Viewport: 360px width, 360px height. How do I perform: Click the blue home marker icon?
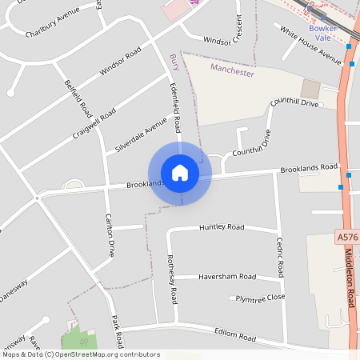click(x=180, y=172)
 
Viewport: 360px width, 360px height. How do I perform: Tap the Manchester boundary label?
click(x=231, y=70)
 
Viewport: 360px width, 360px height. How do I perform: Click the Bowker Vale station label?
click(x=323, y=31)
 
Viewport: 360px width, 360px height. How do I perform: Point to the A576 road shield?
click(x=346, y=237)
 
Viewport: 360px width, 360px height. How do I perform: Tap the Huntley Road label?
click(x=222, y=227)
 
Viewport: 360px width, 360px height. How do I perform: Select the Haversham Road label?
click(x=227, y=277)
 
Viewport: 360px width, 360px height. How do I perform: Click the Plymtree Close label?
click(x=260, y=298)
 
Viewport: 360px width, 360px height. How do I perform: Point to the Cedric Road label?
click(x=280, y=256)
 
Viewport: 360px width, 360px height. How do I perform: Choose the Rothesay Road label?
click(x=171, y=279)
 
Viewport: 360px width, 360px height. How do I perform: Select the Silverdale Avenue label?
click(x=141, y=135)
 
